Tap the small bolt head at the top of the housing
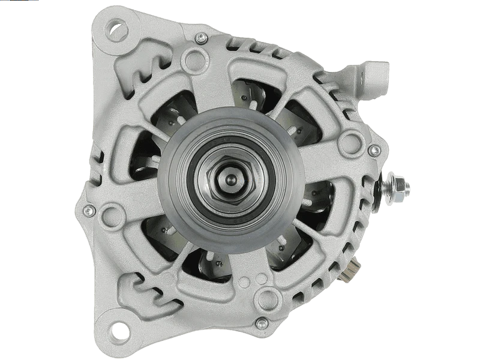(x=201, y=38)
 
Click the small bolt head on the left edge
(x=89, y=210)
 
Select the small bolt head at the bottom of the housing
(x=262, y=323)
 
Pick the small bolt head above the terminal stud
(x=374, y=150)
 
